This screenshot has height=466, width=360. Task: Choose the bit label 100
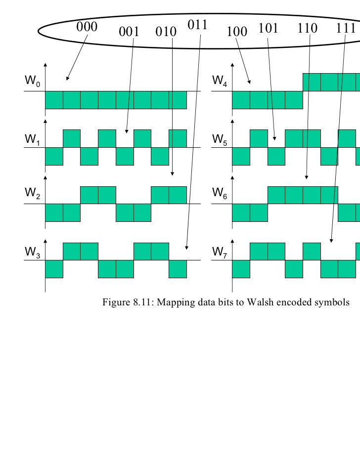(x=236, y=32)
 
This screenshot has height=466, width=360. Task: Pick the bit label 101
(x=268, y=28)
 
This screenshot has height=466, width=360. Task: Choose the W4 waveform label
(x=219, y=80)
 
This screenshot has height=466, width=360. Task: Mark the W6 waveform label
(x=219, y=195)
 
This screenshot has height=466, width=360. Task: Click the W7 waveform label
(x=219, y=252)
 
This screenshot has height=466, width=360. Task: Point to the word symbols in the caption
(x=332, y=303)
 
